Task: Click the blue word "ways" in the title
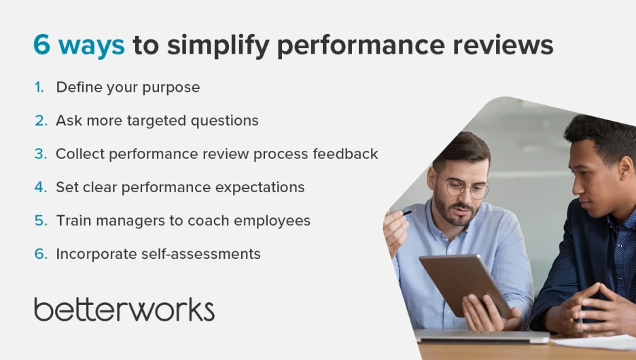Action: click(92, 46)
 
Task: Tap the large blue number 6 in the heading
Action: click(41, 45)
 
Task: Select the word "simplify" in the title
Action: click(218, 46)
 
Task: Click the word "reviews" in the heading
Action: click(503, 45)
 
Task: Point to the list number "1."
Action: click(39, 87)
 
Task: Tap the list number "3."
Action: click(41, 154)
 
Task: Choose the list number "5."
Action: click(41, 221)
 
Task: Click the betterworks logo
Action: click(124, 310)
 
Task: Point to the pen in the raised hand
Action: click(409, 212)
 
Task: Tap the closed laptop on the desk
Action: click(482, 336)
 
